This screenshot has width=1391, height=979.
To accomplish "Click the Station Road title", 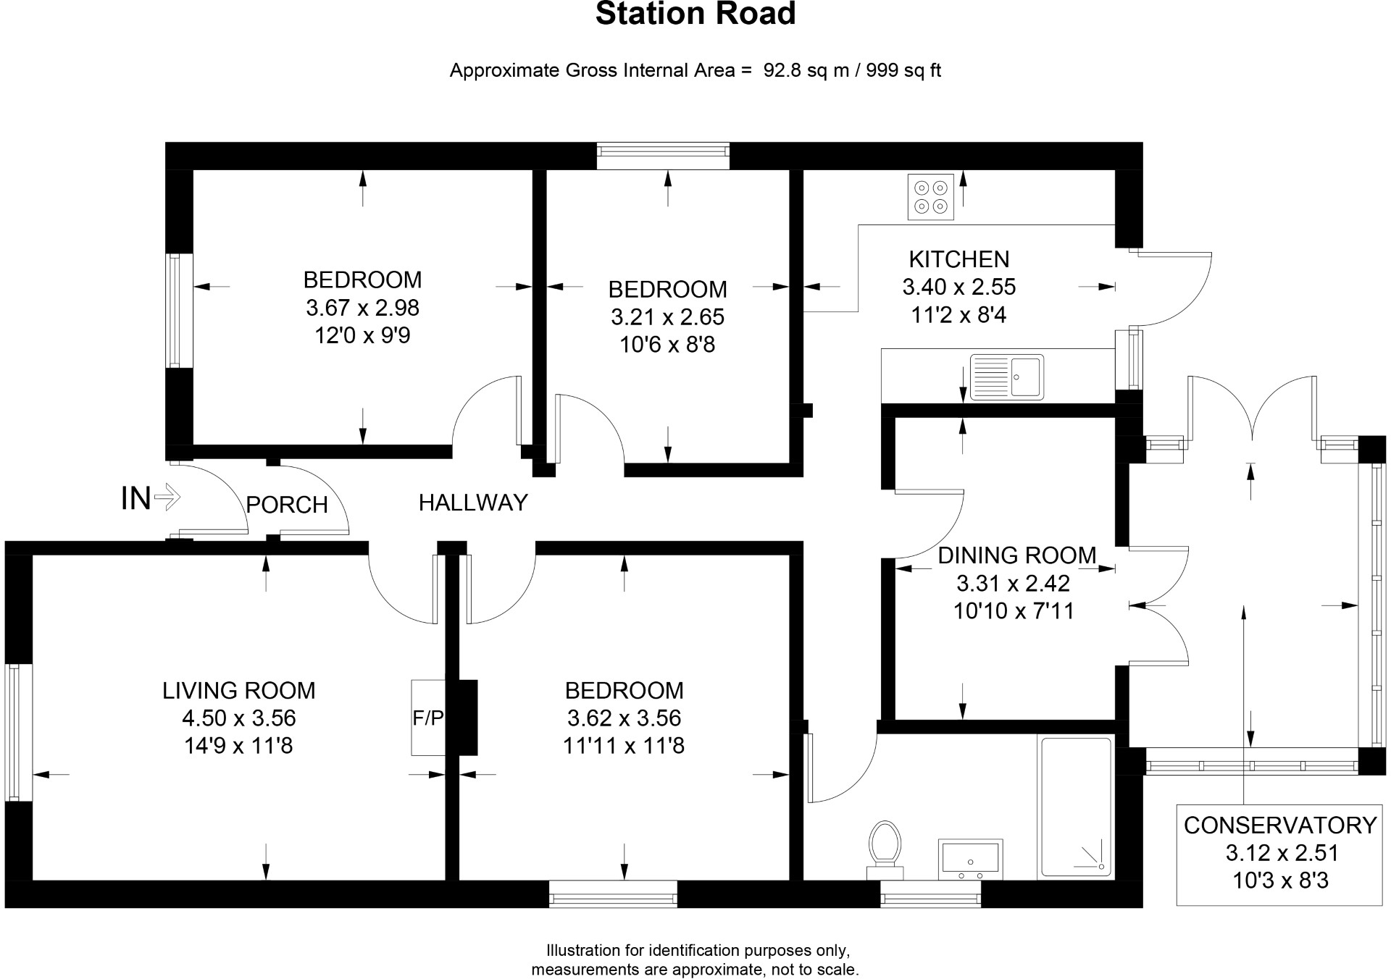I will (x=695, y=14).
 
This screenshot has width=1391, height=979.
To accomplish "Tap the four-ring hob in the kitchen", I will (x=930, y=196).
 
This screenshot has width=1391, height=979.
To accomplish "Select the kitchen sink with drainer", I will (x=1006, y=377).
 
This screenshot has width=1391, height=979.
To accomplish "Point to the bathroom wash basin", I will (x=970, y=859).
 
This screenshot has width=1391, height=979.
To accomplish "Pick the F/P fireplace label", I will (x=427, y=718).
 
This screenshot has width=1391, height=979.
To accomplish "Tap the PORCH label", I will (x=287, y=505).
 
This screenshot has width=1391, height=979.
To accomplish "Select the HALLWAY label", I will (x=473, y=503).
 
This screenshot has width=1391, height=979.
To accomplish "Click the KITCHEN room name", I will (x=958, y=259).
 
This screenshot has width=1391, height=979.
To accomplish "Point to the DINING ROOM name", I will (x=1016, y=555).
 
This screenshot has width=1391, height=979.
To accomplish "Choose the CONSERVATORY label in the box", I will (x=1280, y=825).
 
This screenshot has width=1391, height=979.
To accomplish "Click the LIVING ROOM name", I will (x=238, y=690).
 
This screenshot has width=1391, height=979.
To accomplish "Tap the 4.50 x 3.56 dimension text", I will (x=238, y=718).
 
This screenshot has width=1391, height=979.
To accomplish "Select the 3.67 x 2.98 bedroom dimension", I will (x=362, y=308).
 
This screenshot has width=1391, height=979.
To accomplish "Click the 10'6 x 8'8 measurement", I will (x=667, y=345).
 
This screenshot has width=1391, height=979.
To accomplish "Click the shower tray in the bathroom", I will (x=1076, y=807).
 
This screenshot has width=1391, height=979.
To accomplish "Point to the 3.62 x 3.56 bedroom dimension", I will (x=624, y=718).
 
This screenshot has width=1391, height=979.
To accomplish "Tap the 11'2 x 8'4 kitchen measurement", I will (x=958, y=315).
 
